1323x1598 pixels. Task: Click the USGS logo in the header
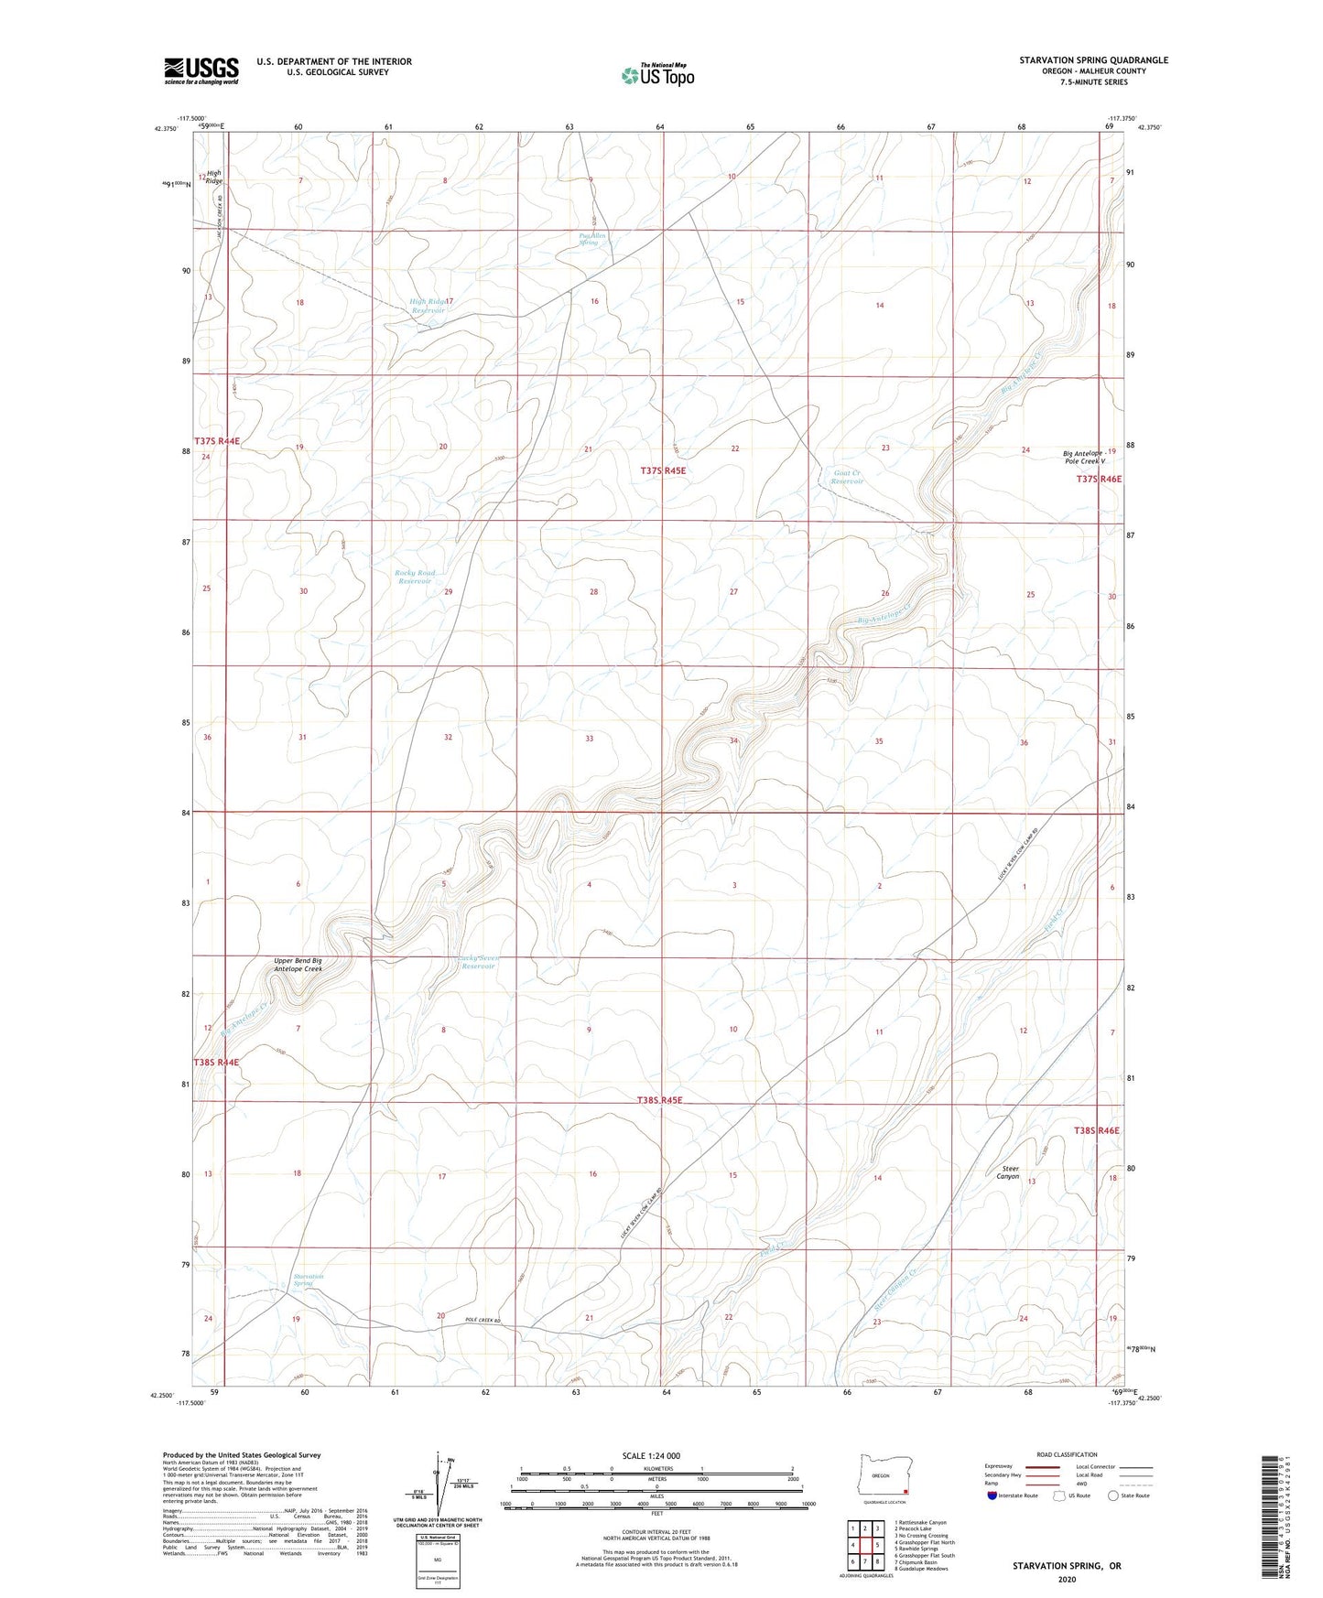coord(201,70)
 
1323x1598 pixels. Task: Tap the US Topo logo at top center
coord(656,74)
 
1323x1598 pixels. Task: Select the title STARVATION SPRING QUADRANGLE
coord(1093,60)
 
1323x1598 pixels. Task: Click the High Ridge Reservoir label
coord(428,306)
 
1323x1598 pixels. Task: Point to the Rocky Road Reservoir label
coord(415,578)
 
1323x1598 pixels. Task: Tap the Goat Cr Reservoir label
coord(848,477)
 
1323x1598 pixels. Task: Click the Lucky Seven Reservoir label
coord(478,962)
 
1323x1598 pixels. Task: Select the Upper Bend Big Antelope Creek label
coord(298,965)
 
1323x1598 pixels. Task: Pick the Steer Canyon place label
coord(1007,1172)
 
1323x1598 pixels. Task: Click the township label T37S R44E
coord(217,441)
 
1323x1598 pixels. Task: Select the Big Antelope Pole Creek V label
coord(1084,458)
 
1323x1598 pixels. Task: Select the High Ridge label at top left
coord(213,177)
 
